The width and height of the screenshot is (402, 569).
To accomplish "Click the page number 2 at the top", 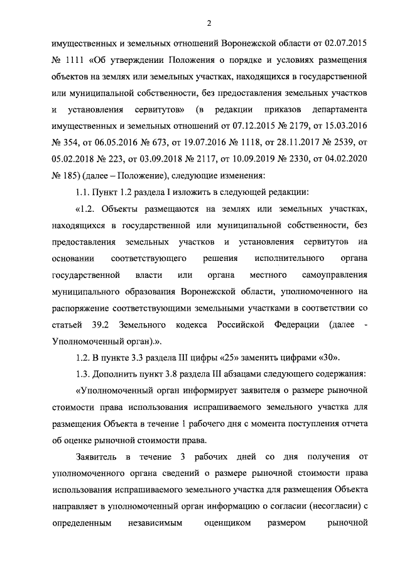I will point(207,23).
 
